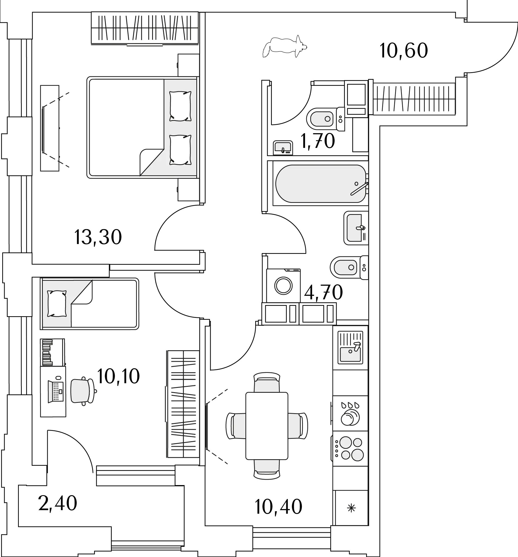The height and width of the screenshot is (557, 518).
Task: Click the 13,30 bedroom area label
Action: pyautogui.click(x=98, y=237)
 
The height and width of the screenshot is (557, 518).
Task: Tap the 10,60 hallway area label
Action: pyautogui.click(x=404, y=51)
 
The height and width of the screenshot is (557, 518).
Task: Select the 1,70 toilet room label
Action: pyautogui.click(x=318, y=141)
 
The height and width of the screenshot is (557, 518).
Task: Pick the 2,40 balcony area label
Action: pyautogui.click(x=58, y=503)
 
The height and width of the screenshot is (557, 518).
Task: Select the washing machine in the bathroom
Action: pyautogui.click(x=283, y=285)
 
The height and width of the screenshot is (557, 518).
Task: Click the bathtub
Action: pyautogui.click(x=321, y=184)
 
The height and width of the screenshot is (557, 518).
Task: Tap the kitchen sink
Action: pyautogui.click(x=350, y=348)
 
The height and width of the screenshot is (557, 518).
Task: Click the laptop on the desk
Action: pyautogui.click(x=56, y=391)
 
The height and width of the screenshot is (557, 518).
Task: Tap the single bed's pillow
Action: pyautogui.click(x=57, y=304)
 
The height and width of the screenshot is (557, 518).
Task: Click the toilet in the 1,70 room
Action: pyautogui.click(x=326, y=119)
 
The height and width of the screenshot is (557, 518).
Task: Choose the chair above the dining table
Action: pyautogui.click(x=267, y=382)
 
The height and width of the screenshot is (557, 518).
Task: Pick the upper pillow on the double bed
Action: pyautogui.click(x=180, y=106)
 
